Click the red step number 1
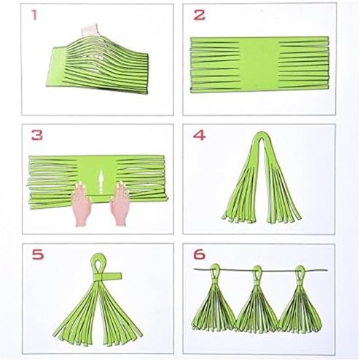click(34, 15)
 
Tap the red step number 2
click(199, 15)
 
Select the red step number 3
click(37, 135)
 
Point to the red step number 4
click(199, 135)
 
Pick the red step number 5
click(38, 255)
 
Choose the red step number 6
click(200, 255)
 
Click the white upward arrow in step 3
click(101, 181)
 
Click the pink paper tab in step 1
click(90, 31)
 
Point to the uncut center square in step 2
click(259, 65)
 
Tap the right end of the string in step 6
click(328, 270)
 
